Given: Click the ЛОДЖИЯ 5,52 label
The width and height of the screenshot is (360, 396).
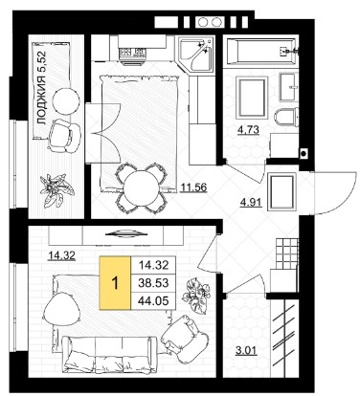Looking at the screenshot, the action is [x=42, y=88].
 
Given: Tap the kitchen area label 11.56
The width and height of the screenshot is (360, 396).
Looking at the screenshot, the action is [x=193, y=187].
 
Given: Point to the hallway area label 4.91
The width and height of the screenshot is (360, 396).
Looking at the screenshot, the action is [x=251, y=203].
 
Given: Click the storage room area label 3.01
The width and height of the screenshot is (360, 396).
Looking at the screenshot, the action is [x=246, y=351].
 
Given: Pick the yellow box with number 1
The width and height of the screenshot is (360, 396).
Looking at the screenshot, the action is [x=115, y=283].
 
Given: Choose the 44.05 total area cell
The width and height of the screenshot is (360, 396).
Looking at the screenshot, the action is [x=154, y=300].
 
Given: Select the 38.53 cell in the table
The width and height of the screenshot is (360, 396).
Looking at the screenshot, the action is [x=154, y=283].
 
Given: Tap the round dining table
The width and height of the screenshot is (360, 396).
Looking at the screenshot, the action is [x=141, y=187].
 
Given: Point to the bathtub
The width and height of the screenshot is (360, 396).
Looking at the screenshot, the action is [x=261, y=51].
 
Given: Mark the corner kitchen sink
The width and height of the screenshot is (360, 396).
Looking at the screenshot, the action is [x=196, y=55].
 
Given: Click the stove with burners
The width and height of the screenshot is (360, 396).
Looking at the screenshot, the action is [x=132, y=52].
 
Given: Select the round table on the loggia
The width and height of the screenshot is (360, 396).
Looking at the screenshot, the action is [x=66, y=101].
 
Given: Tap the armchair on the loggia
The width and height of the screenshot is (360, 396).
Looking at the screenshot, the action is [x=64, y=136].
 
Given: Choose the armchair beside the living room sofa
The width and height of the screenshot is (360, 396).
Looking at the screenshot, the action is [x=185, y=340].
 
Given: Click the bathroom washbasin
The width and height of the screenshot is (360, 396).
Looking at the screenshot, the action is [x=289, y=86].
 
